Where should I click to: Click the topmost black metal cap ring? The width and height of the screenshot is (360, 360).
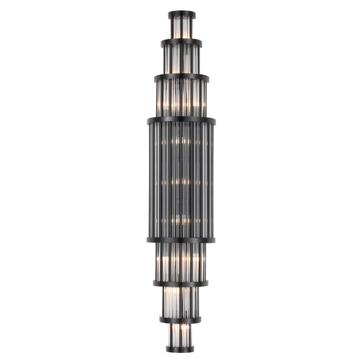[x=181, y=14]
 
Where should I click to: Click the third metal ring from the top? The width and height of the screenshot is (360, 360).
[x=181, y=76]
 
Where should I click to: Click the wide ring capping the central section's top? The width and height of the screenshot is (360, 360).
[x=181, y=120]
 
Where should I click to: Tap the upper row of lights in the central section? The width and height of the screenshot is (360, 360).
[x=181, y=142]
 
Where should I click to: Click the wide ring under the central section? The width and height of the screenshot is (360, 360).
[x=181, y=239]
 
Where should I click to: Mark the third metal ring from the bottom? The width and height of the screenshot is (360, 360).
[x=181, y=283]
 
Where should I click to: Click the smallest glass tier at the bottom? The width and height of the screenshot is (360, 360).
[x=181, y=333]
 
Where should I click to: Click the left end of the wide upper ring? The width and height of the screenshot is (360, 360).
[x=150, y=120]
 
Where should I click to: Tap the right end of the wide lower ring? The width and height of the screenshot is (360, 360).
[x=213, y=239]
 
